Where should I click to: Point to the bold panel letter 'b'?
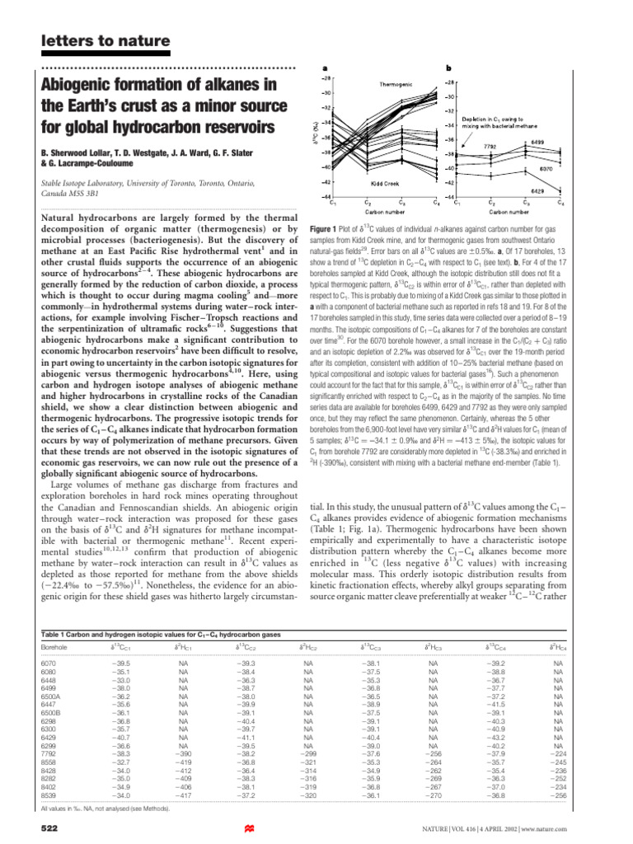pyautogui.click(x=448, y=68)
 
